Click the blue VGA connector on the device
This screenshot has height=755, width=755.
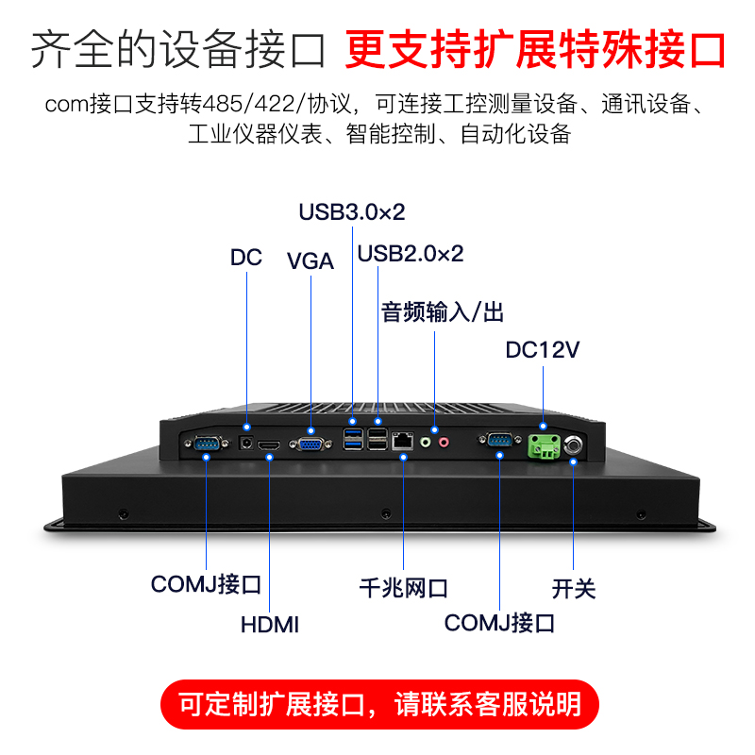coord(308,443)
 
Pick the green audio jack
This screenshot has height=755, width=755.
coord(426,440)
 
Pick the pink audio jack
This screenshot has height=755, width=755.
coord(443,440)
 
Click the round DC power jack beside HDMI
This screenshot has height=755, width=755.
coord(247,442)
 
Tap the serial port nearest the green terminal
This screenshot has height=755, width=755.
coord(497,440)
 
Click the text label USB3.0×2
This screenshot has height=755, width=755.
coord(351,212)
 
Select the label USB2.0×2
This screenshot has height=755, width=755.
coord(411,254)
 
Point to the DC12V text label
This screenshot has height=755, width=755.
coord(543,351)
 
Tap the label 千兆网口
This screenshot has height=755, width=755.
coord(403,589)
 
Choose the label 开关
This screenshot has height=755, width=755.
coord(574,589)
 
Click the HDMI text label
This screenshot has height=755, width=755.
coord(270,624)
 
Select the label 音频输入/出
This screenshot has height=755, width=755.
coord(443,312)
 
